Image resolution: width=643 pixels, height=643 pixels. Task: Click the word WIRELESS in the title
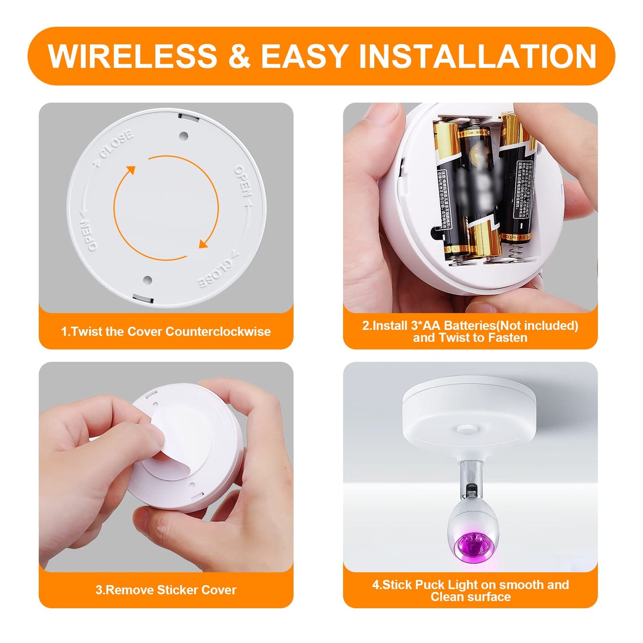132,56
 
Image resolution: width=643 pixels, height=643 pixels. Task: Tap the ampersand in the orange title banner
239,56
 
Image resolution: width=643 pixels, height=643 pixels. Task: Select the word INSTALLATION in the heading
477,56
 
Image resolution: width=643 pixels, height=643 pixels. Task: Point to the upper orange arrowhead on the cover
130,171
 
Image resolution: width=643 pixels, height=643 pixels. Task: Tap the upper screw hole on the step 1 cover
183,136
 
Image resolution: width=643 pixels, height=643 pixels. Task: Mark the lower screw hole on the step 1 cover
148,280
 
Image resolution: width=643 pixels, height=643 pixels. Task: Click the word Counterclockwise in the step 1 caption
218,332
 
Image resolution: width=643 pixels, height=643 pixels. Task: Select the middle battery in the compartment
478,187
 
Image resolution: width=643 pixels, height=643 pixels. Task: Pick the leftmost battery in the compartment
449,187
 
